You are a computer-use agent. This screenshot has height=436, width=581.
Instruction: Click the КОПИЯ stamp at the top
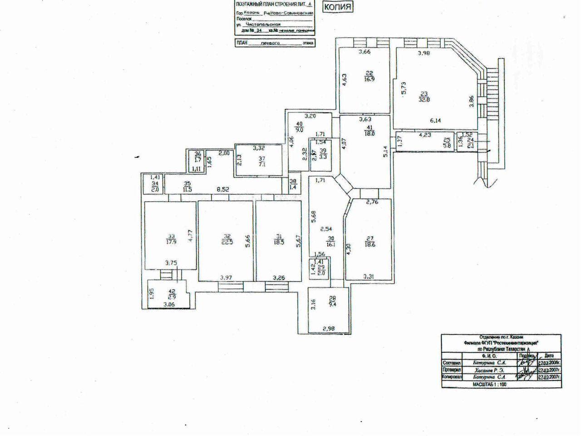pyautogui.click(x=338, y=7)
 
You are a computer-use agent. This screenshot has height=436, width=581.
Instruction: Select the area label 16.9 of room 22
pyautogui.click(x=369, y=78)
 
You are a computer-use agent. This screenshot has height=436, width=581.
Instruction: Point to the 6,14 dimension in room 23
pyautogui.click(x=436, y=120)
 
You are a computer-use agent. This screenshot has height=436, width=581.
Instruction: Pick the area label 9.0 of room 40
pyautogui.click(x=299, y=129)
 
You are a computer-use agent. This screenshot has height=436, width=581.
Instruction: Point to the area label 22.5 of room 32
pyautogui.click(x=226, y=242)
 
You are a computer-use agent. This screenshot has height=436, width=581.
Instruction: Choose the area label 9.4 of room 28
pyautogui.click(x=332, y=305)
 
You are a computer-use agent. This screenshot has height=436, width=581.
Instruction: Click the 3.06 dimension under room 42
pyautogui.click(x=170, y=305)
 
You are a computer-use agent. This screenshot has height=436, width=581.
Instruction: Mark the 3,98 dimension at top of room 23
pyautogui.click(x=424, y=53)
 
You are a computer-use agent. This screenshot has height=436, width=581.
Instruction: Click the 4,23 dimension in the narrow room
pyautogui.click(x=425, y=135)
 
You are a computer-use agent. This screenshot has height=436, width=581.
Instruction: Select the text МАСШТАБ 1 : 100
pyautogui.click(x=489, y=384)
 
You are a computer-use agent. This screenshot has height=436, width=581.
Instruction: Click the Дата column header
pyautogui.click(x=548, y=356)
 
